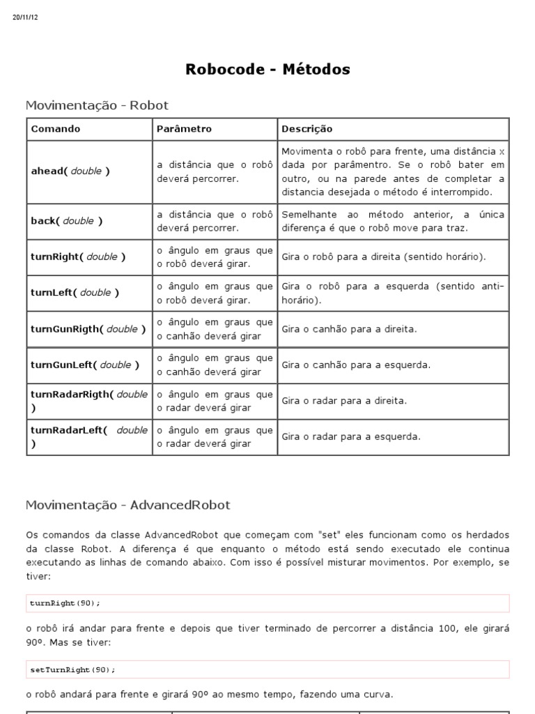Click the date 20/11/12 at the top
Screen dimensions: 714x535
click(25, 17)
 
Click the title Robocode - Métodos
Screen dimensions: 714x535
click(267, 69)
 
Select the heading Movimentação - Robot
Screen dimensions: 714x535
click(97, 105)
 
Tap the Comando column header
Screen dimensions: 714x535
click(56, 129)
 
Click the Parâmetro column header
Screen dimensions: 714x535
click(184, 129)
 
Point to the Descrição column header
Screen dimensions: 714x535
click(307, 129)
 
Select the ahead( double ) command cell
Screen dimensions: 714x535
click(70, 171)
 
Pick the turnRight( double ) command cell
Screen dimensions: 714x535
click(78, 257)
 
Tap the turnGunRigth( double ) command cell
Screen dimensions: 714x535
click(88, 329)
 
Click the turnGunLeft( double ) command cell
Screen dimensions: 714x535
click(85, 365)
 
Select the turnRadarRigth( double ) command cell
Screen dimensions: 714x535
click(89, 401)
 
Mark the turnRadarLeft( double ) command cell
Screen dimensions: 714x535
click(89, 436)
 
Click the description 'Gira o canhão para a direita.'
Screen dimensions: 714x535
click(350, 329)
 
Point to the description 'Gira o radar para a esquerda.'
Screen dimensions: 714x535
click(351, 437)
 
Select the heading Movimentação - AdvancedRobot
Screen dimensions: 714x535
click(127, 504)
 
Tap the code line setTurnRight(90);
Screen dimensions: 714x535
click(72, 669)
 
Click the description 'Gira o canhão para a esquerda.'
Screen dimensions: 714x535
click(356, 365)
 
